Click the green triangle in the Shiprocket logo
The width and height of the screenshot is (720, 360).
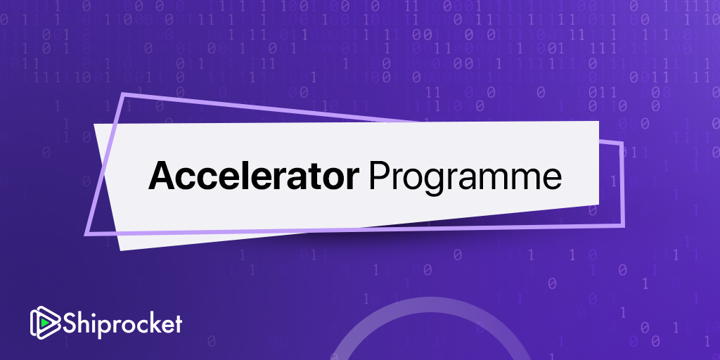[44, 323]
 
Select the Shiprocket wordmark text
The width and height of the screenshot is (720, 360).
[122, 323]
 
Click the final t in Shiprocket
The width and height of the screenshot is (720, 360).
[178, 323]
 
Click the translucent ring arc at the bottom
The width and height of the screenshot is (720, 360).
[430, 304]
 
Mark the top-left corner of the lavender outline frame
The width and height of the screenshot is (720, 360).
[122, 95]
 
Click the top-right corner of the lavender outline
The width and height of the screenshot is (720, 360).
[622, 143]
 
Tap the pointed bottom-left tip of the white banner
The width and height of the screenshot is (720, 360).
[121, 250]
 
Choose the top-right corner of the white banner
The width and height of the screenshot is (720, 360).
[598, 122]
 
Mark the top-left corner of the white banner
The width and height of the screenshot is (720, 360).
[94, 124]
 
